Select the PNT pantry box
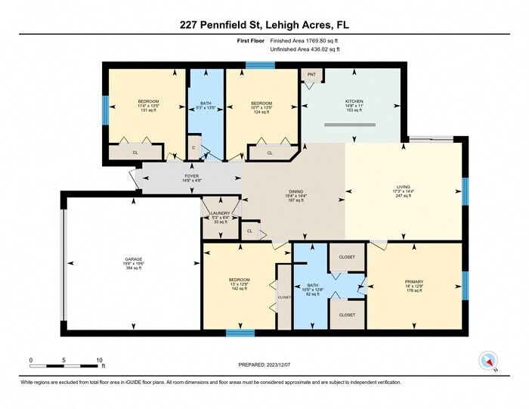click(x=311, y=74)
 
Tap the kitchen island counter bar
click(x=349, y=125)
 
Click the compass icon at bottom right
click(x=487, y=361)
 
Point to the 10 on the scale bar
click(x=100, y=361)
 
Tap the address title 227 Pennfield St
click(x=264, y=25)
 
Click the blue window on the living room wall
click(x=466, y=191)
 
